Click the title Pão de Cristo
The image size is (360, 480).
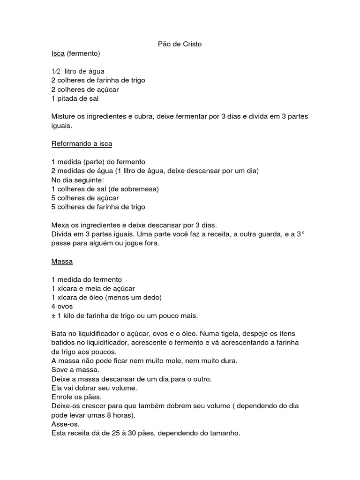click(x=180, y=44)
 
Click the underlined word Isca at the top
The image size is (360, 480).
click(x=58, y=53)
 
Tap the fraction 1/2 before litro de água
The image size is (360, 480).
click(x=56, y=71)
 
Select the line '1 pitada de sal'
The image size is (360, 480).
click(x=75, y=98)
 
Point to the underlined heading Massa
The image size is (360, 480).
click(x=62, y=261)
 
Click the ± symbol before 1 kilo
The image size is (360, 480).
click(x=53, y=315)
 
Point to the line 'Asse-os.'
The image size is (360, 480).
click(x=65, y=424)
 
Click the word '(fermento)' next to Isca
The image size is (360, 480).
click(x=83, y=53)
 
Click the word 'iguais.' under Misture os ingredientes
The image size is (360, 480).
click(x=62, y=126)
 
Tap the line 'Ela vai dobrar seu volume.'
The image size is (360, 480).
click(x=94, y=388)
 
